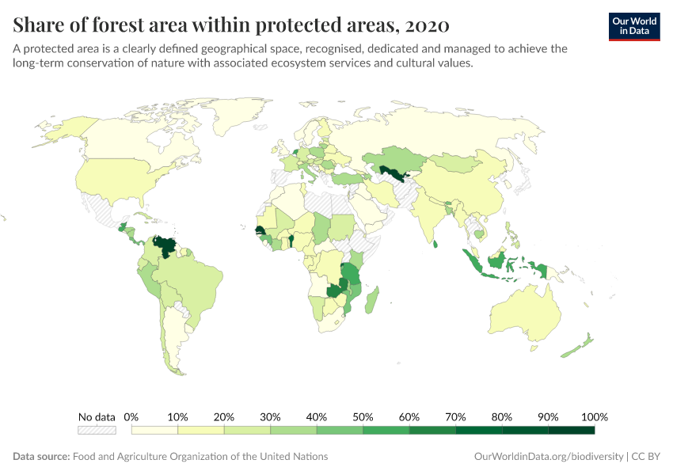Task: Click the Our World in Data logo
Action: pyautogui.click(x=634, y=25)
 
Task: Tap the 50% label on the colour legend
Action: pyautogui.click(x=363, y=417)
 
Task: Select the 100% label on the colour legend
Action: pyautogui.click(x=594, y=417)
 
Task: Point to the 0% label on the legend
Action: pyautogui.click(x=131, y=417)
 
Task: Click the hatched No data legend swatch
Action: pyautogui.click(x=97, y=430)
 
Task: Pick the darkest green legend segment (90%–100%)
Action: pyautogui.click(x=571, y=430)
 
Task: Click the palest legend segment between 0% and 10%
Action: pyautogui.click(x=154, y=430)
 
